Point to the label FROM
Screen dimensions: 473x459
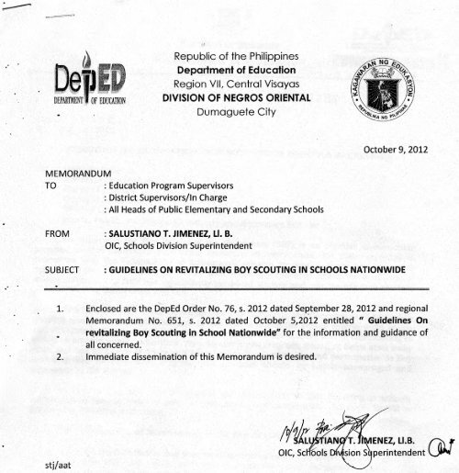point(58,234)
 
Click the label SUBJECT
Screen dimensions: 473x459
point(64,273)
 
